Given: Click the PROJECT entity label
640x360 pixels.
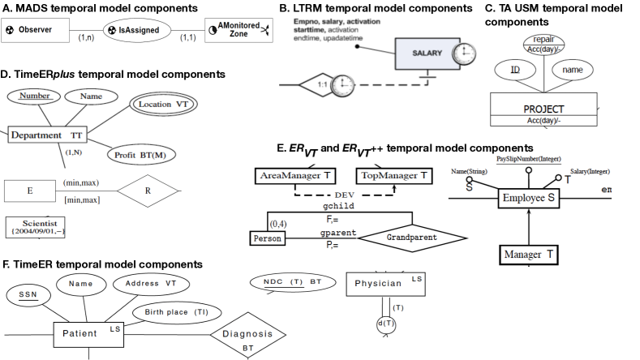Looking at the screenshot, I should [x=543, y=107].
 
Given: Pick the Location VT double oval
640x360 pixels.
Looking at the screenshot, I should [x=165, y=105].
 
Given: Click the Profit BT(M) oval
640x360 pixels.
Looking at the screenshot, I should [x=142, y=153].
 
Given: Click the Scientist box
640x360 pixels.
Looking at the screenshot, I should [x=36, y=226].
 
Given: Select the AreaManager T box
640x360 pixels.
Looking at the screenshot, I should [x=294, y=175].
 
